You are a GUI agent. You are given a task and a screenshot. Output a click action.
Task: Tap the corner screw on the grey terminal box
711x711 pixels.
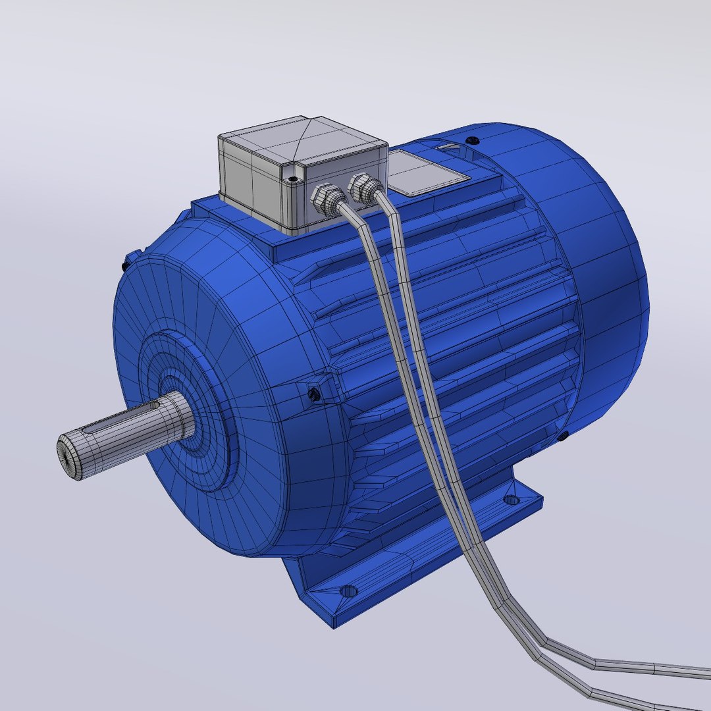point(293,178)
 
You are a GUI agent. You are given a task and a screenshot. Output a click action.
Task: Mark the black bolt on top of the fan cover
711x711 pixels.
point(471,140)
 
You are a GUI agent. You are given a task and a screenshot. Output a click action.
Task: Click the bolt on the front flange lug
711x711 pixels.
point(314,394)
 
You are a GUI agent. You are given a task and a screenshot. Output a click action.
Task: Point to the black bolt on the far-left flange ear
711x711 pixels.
point(124,265)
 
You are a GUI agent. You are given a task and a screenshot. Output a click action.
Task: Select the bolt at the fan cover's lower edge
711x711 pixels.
point(564,436)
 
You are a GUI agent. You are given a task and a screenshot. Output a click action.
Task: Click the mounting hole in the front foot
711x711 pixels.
point(348,591)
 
